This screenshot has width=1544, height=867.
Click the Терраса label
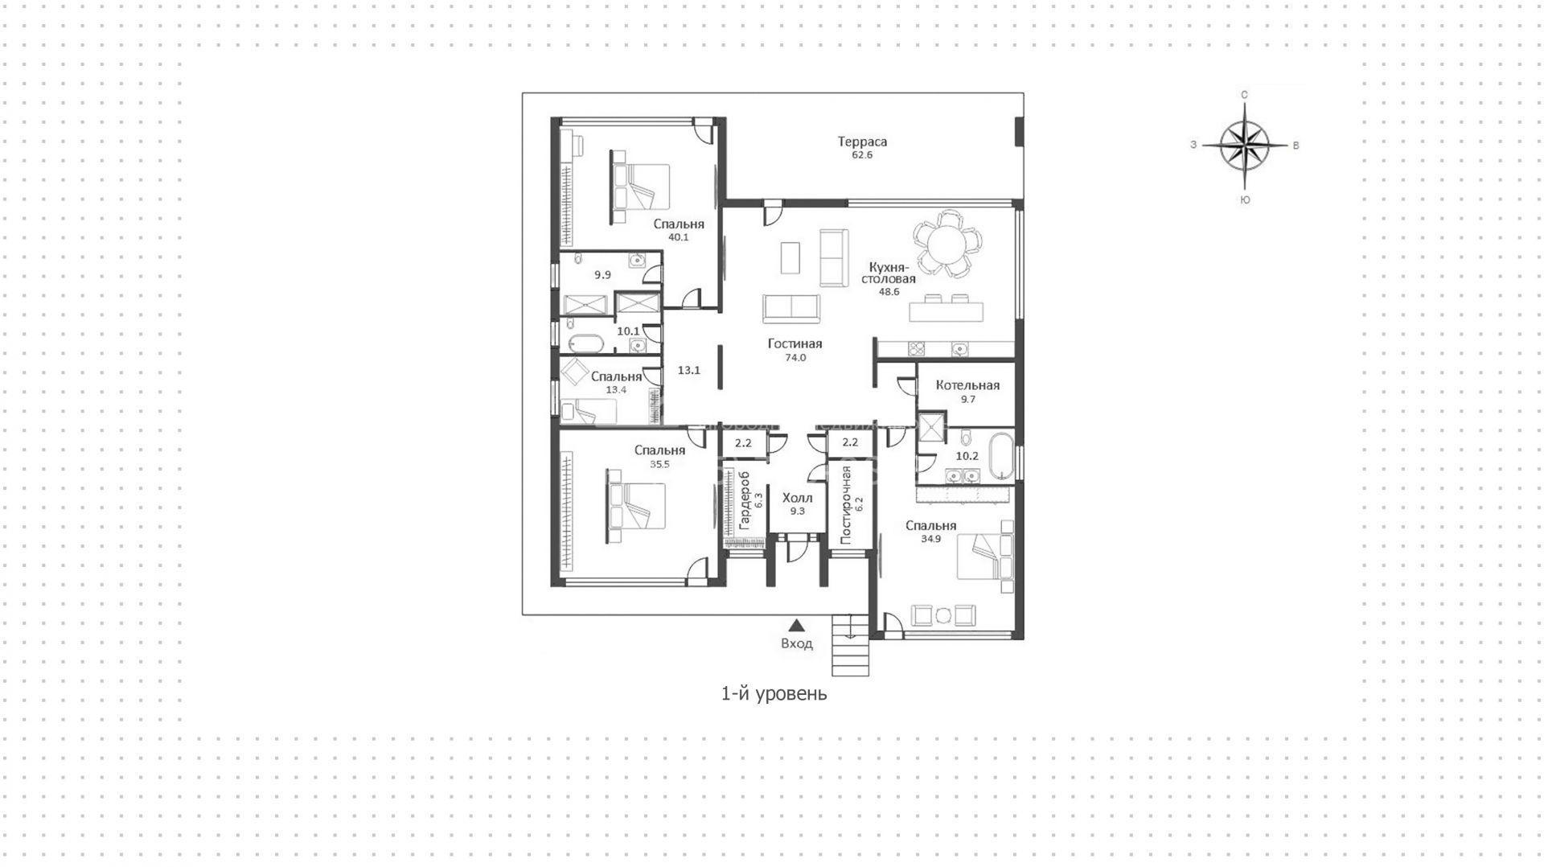click(x=862, y=142)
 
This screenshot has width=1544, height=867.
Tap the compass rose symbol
click(x=1244, y=146)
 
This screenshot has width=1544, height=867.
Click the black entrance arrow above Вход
click(x=796, y=625)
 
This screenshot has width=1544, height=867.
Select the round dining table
click(x=947, y=244)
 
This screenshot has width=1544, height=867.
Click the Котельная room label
click(x=967, y=385)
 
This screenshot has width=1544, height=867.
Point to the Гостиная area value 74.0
click(x=795, y=358)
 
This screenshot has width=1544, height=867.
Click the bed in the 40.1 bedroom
click(x=640, y=187)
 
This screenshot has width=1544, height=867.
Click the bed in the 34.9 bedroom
click(x=985, y=557)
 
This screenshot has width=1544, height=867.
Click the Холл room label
click(x=797, y=498)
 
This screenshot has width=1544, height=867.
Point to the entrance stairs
click(x=851, y=645)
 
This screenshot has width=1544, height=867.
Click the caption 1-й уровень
click(x=774, y=693)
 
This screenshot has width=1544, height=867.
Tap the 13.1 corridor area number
click(x=689, y=370)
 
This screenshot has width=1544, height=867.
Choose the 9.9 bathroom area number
click(x=602, y=275)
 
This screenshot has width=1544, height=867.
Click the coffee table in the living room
click(x=790, y=257)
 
